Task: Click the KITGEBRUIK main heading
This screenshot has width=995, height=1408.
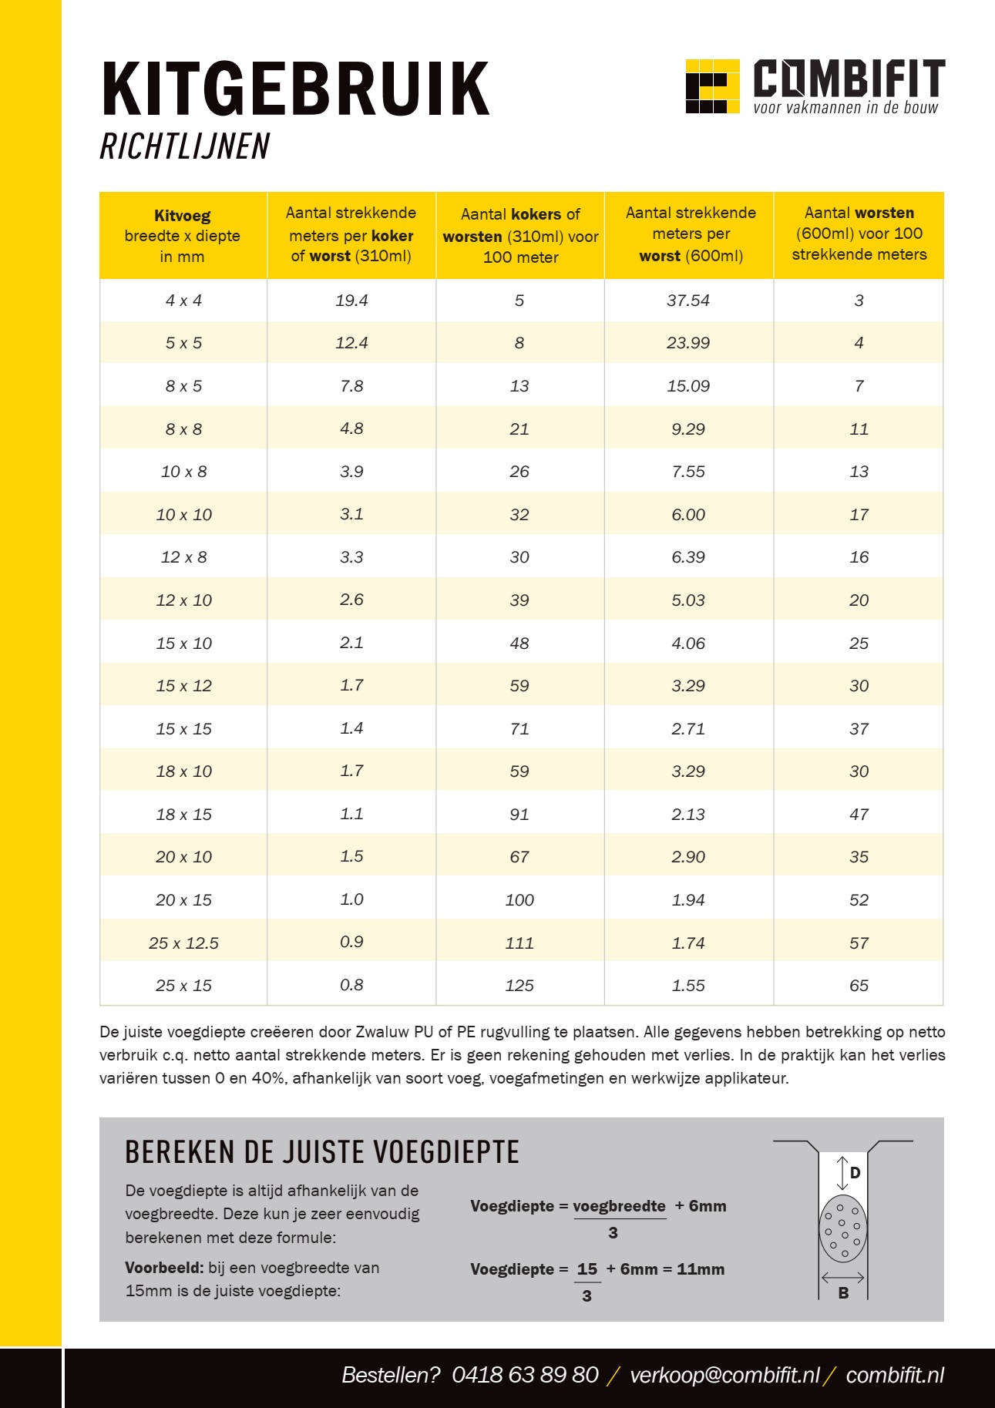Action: (295, 89)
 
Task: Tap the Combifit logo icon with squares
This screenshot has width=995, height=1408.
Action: (711, 86)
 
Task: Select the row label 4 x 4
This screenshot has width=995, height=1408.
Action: (183, 301)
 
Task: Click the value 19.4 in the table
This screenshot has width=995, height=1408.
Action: (351, 301)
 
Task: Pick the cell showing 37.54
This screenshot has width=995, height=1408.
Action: (688, 301)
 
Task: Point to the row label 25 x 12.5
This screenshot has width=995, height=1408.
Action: (183, 943)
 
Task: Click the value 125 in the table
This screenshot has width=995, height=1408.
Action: (519, 986)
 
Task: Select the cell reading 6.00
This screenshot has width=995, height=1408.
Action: (688, 515)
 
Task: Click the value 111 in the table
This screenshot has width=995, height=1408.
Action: (519, 943)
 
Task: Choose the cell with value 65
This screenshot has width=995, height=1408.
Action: (859, 986)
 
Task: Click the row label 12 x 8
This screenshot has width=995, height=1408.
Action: (183, 557)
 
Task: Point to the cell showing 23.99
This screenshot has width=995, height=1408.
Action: (688, 343)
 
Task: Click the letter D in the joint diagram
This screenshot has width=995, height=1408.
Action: (855, 1173)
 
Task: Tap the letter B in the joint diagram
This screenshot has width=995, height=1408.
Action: (843, 1293)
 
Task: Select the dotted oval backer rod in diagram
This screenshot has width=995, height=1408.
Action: (842, 1228)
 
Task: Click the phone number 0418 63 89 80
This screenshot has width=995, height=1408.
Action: (525, 1375)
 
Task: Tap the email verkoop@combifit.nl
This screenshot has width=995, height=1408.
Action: (724, 1375)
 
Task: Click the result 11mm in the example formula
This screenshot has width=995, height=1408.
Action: (701, 1269)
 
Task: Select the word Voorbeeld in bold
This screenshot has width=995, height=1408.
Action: (164, 1268)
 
